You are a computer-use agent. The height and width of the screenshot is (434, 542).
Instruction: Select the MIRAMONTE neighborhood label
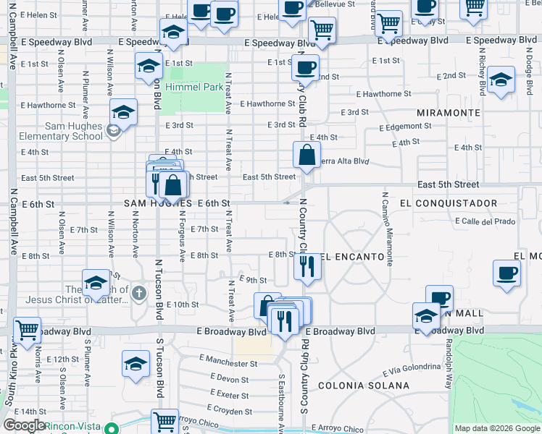(x=449, y=114)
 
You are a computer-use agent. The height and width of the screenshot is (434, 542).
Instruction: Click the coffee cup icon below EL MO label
(x=506, y=273)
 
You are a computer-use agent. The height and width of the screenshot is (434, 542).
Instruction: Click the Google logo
(x=23, y=425)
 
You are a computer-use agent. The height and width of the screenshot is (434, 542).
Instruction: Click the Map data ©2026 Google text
(x=497, y=428)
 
